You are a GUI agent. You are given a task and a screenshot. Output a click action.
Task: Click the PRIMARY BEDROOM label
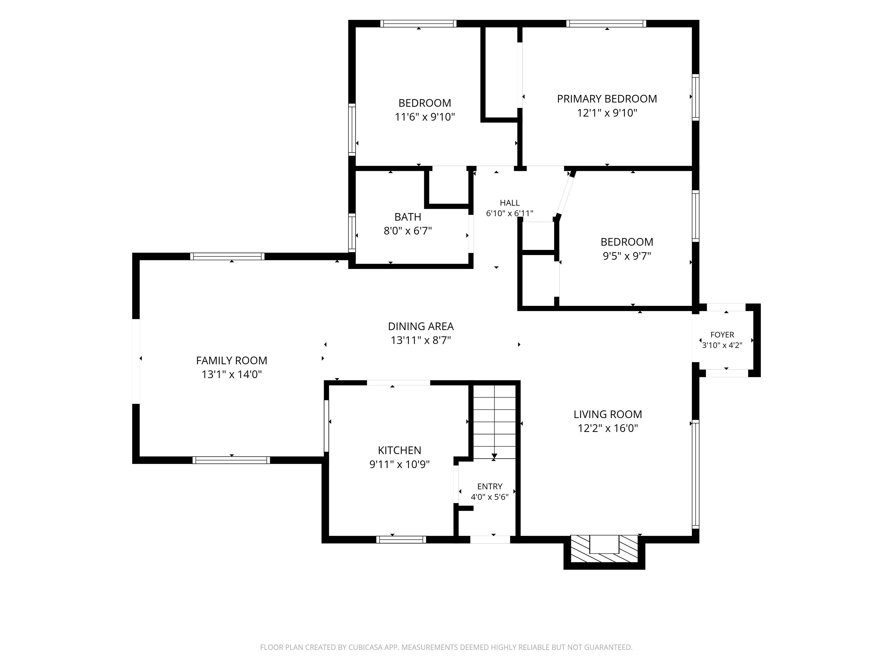(607, 99)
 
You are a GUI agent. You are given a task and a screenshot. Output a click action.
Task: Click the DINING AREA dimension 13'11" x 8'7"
(421, 340)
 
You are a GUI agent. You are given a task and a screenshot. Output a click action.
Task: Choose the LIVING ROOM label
(608, 414)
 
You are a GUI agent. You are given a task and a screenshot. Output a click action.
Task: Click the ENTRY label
(490, 487)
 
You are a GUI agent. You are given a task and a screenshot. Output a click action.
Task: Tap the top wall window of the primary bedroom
(606, 23)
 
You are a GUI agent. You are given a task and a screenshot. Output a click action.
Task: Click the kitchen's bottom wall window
(401, 540)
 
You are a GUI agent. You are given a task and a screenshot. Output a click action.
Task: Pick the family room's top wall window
(227, 256)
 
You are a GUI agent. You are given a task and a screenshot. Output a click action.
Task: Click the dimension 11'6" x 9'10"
(425, 117)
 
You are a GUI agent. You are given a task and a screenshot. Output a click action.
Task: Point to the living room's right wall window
(695, 474)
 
